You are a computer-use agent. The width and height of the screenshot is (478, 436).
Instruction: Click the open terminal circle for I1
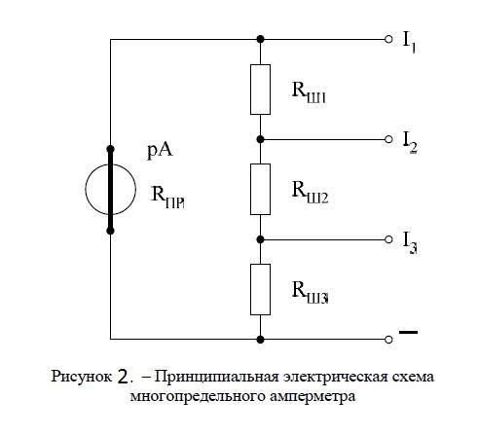pyautogui.click(x=388, y=39)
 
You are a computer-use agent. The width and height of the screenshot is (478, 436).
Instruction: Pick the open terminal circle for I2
pyautogui.click(x=388, y=139)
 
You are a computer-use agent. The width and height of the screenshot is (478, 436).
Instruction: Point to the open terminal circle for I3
pyautogui.click(x=388, y=239)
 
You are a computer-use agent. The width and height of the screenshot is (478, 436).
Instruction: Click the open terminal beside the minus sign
pyautogui.click(x=388, y=340)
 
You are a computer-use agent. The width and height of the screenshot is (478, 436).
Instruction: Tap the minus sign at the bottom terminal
pyautogui.click(x=408, y=332)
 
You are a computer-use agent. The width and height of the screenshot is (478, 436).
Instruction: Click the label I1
pyautogui.click(x=409, y=42)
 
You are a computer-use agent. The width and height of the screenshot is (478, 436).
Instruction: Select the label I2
pyautogui.click(x=410, y=142)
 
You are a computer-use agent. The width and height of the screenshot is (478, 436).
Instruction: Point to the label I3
pyautogui.click(x=410, y=242)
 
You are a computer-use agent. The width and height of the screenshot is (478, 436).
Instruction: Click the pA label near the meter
pyautogui.click(x=160, y=151)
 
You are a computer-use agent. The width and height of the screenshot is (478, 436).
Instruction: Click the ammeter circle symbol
pyautogui.click(x=86, y=190)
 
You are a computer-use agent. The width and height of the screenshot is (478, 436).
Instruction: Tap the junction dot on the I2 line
pyautogui.click(x=260, y=139)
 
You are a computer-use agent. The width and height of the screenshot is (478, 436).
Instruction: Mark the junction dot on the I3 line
pyautogui.click(x=260, y=239)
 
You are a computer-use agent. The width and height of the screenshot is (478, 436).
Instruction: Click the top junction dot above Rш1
pyautogui.click(x=260, y=39)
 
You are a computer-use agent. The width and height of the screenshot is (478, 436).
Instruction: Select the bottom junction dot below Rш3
pyautogui.click(x=260, y=340)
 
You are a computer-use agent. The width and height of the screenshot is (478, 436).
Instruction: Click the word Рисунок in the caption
pyautogui.click(x=82, y=378)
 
